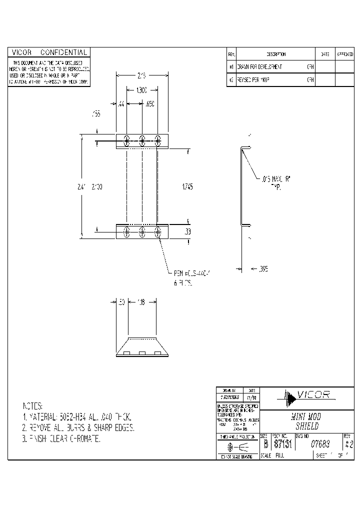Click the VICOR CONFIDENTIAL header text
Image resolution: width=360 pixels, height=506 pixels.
(x=49, y=52)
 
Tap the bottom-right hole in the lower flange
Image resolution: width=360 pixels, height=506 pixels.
(x=158, y=231)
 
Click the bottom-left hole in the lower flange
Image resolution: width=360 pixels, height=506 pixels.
(x=127, y=231)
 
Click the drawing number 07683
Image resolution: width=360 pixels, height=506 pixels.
(x=319, y=443)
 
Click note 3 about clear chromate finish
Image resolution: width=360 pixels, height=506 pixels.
(x=61, y=438)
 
